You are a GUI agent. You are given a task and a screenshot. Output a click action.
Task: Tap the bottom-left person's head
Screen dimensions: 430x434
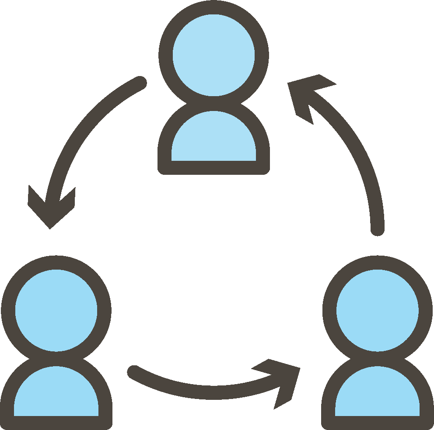coord(56,310)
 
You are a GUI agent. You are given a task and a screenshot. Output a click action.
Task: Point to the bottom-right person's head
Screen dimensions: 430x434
coord(377,310)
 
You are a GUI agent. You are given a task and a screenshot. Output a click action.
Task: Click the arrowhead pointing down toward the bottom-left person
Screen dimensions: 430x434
coord(50,208)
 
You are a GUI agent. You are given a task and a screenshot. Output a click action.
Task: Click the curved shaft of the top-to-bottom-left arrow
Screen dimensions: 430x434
coord(79,131)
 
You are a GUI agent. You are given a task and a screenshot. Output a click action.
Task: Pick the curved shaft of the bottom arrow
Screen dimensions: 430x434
coord(206,392)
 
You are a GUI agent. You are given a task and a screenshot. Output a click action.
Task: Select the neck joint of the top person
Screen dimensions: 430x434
coord(213,102)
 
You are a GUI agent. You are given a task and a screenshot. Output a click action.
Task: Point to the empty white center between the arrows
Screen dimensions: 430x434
coord(214,262)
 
